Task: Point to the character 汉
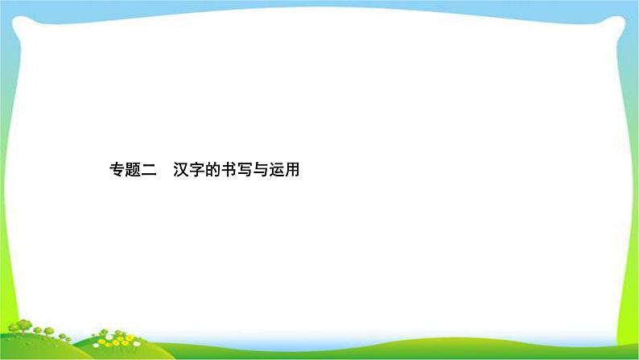(x=179, y=171)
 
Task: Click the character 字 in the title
(x=196, y=171)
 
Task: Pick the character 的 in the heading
(x=212, y=171)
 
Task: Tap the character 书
(x=228, y=171)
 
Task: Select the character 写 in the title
(x=244, y=171)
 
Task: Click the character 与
(x=260, y=171)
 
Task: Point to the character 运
(x=276, y=171)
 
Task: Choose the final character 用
(x=292, y=171)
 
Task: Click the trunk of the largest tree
(x=23, y=333)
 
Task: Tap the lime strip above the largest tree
(x=8, y=266)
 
